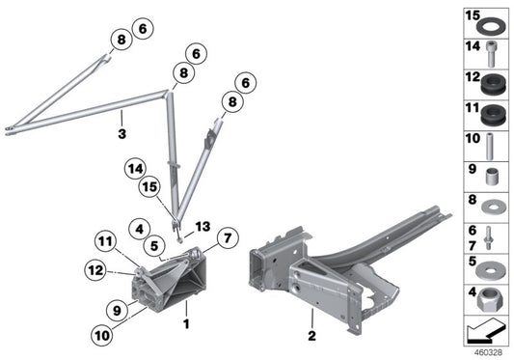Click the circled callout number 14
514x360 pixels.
[135, 169]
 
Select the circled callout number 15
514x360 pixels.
[149, 187]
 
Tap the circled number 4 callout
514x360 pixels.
[140, 229]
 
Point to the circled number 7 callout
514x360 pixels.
[228, 237]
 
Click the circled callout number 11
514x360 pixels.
[105, 242]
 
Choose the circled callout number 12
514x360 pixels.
[95, 270]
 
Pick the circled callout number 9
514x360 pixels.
[117, 310]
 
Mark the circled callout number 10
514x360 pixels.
[102, 335]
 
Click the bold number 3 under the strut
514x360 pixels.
[122, 134]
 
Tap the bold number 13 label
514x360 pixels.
[203, 227]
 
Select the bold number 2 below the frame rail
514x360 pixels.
[311, 336]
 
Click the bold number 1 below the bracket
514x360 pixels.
[186, 324]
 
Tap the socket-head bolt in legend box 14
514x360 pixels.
[491, 54]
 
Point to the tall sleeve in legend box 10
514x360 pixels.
[490, 147]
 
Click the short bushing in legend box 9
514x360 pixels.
[492, 177]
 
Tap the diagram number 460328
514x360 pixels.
[488, 353]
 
